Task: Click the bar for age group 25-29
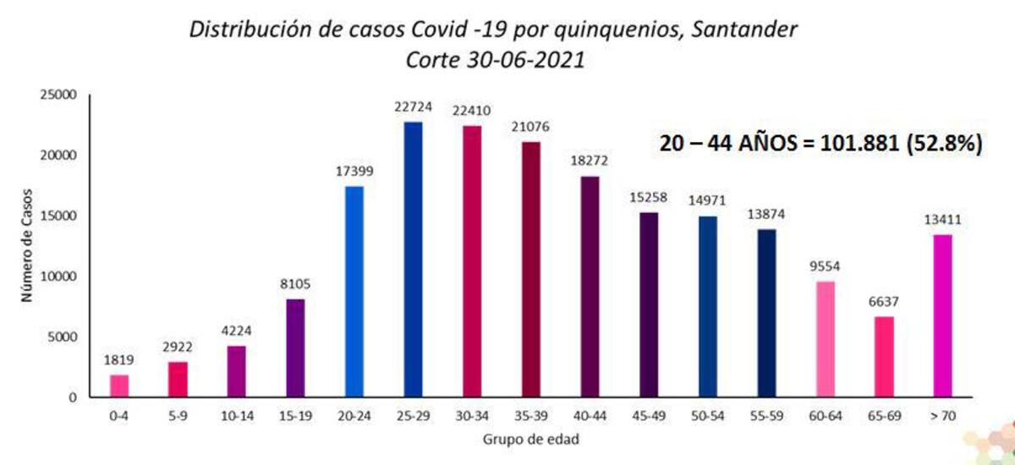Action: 413,259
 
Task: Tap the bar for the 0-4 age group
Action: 119,386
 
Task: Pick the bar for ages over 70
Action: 942,315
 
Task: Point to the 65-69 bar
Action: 884,356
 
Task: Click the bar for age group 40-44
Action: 590,286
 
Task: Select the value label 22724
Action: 413,107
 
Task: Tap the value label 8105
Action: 295,284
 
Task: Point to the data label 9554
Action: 825,266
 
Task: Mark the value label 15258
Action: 648,197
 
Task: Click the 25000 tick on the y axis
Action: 59,96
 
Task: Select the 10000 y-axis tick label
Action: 59,276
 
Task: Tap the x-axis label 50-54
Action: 707,416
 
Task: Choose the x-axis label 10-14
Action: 237,416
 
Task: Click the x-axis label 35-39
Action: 530,416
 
